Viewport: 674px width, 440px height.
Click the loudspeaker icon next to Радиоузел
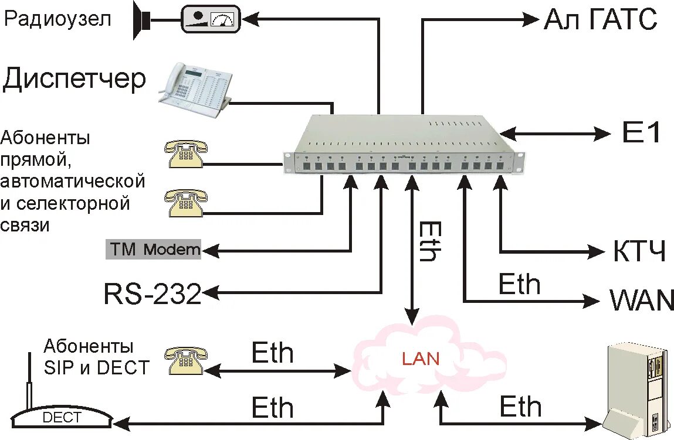141,21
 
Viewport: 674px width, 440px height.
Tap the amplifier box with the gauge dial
210,19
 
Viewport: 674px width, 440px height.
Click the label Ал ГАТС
600,20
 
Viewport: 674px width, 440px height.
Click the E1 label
641,134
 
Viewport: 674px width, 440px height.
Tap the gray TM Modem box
153,250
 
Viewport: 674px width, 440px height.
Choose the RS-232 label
153,294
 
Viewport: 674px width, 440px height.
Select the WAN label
642,301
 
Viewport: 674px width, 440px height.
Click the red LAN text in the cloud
421,358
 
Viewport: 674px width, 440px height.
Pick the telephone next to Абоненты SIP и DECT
185,359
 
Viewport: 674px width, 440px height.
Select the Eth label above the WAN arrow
519,284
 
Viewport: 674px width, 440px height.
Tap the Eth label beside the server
520,407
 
